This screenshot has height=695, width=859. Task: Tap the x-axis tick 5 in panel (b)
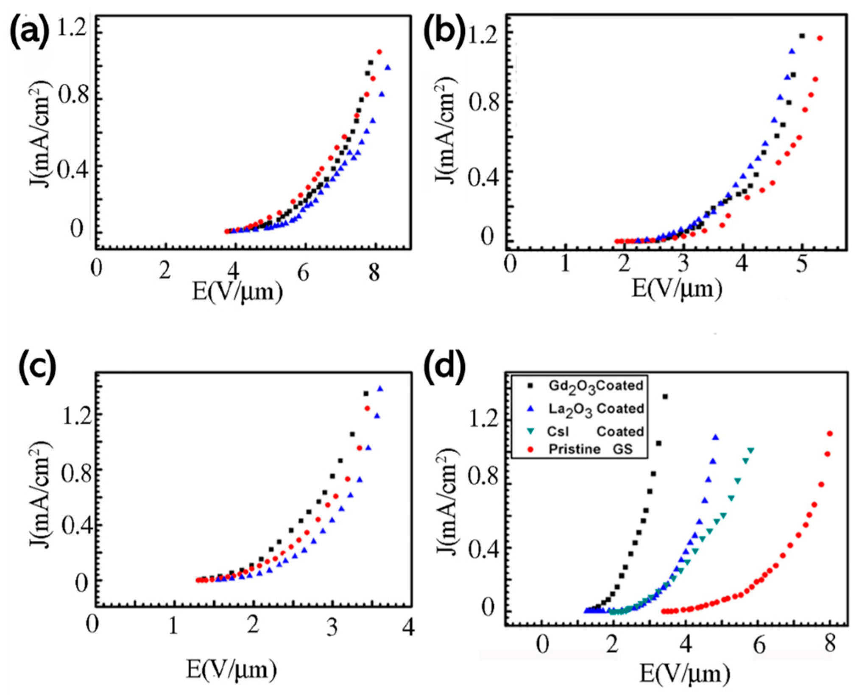click(x=801, y=264)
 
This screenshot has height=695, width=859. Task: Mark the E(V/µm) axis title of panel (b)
click(x=677, y=289)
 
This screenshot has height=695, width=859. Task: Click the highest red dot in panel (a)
click(x=379, y=52)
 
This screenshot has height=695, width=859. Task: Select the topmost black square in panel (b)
click(x=802, y=36)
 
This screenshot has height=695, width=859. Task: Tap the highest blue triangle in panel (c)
click(x=380, y=389)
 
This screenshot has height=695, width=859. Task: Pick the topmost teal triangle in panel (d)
click(x=751, y=450)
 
